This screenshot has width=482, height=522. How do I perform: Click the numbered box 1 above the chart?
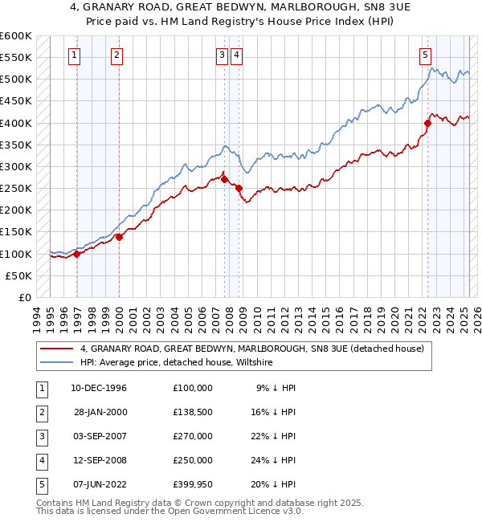[x=74, y=55]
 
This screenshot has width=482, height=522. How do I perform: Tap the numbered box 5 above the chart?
[x=424, y=55]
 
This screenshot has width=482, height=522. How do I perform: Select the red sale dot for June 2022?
[x=427, y=123]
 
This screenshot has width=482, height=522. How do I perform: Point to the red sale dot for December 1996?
[x=77, y=254]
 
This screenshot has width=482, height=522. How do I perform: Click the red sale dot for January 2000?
[x=119, y=237]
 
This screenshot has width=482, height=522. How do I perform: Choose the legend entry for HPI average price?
[x=177, y=363]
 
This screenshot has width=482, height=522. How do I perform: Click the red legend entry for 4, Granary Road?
[x=257, y=349]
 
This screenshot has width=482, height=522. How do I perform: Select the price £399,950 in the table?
[x=193, y=484]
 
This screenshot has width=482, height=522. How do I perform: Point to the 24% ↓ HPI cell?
[x=276, y=460]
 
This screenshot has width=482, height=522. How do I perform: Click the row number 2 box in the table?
[x=41, y=412]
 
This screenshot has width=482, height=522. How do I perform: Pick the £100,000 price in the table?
[x=193, y=388]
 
